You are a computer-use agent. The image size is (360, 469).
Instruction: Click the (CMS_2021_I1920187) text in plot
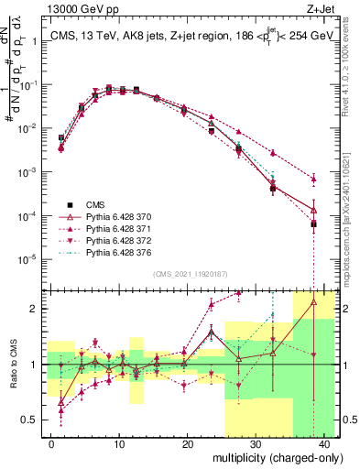pyautogui.click(x=189, y=274)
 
